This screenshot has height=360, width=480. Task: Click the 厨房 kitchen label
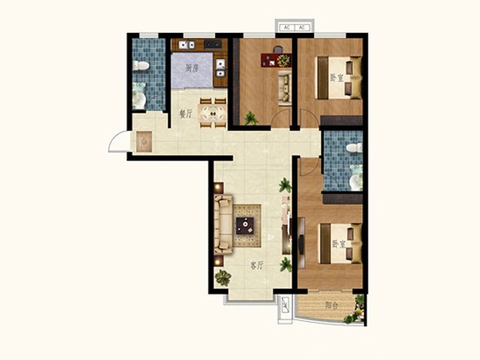(x=192, y=68)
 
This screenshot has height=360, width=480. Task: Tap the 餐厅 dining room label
(x=185, y=114)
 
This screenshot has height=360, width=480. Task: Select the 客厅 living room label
(x=257, y=265)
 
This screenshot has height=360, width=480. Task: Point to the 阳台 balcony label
(x=332, y=305)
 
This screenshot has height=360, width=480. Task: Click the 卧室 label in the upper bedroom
(x=337, y=77)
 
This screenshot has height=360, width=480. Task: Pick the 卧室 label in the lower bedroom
(x=339, y=244)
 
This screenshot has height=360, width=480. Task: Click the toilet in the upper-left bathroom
(x=141, y=65)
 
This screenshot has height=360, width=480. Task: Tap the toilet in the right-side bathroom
(x=355, y=148)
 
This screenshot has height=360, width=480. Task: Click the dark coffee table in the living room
(x=245, y=226)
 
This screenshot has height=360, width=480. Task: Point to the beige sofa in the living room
(x=223, y=224)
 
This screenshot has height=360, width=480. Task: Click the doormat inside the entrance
(x=144, y=142)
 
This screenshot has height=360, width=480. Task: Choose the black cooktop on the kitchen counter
(x=213, y=44)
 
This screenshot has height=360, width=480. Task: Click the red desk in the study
(x=276, y=60)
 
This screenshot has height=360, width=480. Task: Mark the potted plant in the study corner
(x=251, y=118)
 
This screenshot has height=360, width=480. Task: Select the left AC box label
(x=287, y=28)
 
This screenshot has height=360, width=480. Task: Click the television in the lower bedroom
(x=301, y=244)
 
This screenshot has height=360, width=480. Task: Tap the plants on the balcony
(x=356, y=310)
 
